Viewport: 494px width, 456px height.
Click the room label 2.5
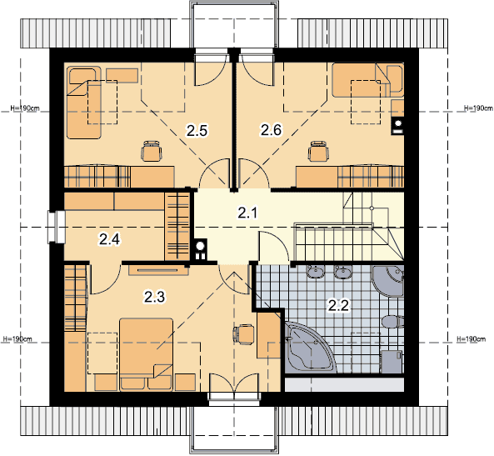pos(197,131)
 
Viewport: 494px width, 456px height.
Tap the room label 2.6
pos(271,130)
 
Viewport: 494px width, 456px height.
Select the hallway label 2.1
pos(247,213)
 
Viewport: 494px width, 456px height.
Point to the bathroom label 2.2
pos(339,305)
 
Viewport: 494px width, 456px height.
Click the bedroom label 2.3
pos(154,297)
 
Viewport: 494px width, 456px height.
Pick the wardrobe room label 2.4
pos(109,239)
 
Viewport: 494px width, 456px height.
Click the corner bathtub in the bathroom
pos(310,347)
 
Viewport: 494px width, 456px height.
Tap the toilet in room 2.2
pos(392,322)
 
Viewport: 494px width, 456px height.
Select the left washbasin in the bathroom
pos(316,272)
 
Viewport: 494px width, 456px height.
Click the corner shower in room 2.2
pos(388,281)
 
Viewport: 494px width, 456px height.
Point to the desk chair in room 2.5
pos(152,151)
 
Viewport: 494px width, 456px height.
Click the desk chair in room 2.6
pos(318,151)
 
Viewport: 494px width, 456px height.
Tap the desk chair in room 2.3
pos(243,333)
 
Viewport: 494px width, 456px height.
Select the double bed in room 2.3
pos(147,355)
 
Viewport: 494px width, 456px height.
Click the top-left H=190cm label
pos(25,108)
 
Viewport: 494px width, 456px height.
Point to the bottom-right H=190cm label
pos(471,339)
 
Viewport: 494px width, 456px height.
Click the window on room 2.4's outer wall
pos(57,227)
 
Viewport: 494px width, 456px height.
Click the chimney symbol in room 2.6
pos(397,126)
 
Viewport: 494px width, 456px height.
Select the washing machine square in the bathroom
pos(392,362)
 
